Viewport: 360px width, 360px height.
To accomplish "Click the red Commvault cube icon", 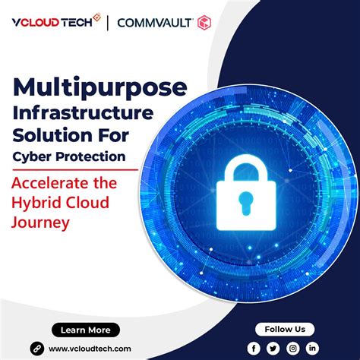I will click(x=204, y=23).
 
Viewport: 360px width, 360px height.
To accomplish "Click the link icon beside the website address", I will click(x=35, y=347).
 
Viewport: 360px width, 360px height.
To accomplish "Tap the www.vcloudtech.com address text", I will click(x=88, y=348).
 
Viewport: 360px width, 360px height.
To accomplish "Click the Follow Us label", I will click(x=285, y=329).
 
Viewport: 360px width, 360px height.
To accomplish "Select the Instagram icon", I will click(x=293, y=347).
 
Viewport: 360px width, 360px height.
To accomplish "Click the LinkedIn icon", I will click(x=312, y=347).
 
